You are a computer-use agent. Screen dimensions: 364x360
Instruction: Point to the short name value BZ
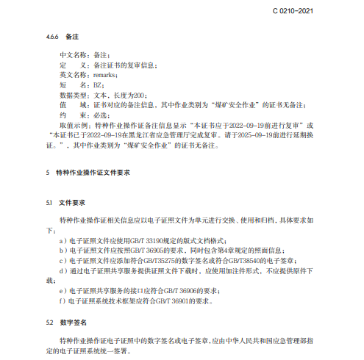point(97,85)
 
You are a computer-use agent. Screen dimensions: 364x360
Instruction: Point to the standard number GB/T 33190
point(143,240)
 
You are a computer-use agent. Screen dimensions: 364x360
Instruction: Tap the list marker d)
point(62,270)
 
